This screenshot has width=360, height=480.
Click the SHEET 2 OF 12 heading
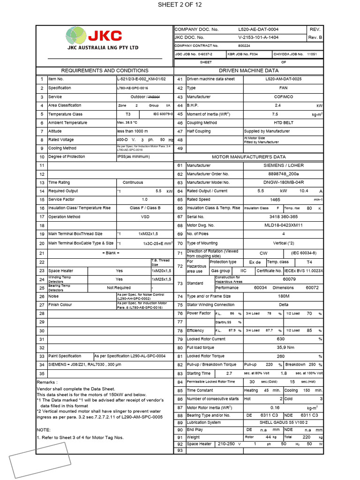[x=180, y=5]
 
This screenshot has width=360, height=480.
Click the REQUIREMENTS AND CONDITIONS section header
[x=105, y=70]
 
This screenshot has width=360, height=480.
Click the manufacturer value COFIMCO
[x=283, y=97]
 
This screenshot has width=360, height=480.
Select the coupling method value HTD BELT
[x=283, y=123]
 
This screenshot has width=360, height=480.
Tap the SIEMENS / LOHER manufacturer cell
[x=283, y=165]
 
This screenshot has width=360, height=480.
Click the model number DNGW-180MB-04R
[x=283, y=182]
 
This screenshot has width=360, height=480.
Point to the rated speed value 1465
[x=276, y=200]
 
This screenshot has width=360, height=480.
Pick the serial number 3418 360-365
[x=283, y=217]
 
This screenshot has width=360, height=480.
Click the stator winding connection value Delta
[x=283, y=305]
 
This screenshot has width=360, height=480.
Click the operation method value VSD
[x=145, y=217]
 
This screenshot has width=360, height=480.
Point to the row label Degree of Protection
[x=67, y=157]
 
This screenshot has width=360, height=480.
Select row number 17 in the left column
[x=42, y=217]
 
